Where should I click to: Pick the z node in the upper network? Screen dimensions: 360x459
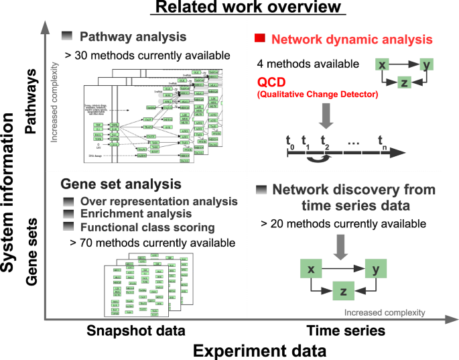[x=403, y=82]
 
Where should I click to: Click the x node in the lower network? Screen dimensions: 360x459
[x=312, y=269]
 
